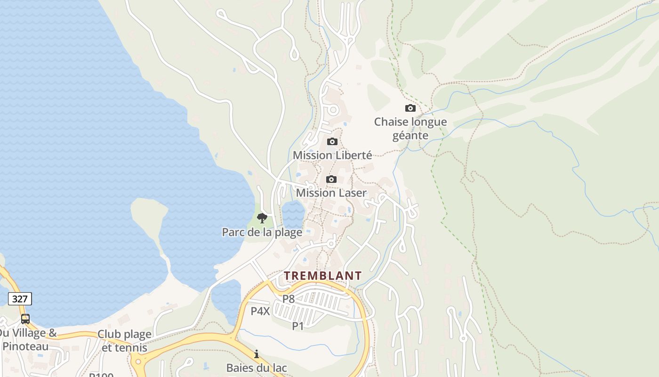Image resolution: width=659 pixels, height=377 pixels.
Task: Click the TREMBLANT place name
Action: (x=323, y=276)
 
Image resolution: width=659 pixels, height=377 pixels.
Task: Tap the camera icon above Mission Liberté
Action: (x=332, y=141)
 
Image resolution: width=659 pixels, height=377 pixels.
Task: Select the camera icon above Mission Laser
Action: (x=331, y=179)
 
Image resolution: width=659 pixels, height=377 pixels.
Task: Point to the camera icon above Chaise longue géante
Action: (x=410, y=108)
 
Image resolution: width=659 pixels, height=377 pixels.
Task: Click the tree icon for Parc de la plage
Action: (x=262, y=218)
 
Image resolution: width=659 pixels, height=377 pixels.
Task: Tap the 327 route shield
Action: (x=20, y=298)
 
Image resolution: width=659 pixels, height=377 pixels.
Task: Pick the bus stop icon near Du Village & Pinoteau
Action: (x=25, y=319)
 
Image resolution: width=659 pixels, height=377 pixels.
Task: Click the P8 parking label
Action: (x=289, y=299)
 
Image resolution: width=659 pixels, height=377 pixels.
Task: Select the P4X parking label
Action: (x=260, y=311)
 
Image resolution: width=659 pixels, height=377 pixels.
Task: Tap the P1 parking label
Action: (x=298, y=326)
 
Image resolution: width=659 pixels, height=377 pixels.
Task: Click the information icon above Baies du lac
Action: (x=257, y=353)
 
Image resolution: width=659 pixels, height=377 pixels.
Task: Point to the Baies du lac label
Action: (x=257, y=368)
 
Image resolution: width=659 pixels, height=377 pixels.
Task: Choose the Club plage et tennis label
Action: (x=125, y=341)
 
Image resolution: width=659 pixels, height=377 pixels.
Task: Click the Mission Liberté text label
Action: (x=332, y=155)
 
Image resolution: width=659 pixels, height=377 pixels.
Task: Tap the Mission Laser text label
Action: (x=331, y=193)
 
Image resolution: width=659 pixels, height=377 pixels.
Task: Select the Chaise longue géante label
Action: (x=410, y=129)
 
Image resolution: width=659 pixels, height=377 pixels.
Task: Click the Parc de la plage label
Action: (x=262, y=232)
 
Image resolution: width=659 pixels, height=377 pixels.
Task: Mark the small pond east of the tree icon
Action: (x=293, y=214)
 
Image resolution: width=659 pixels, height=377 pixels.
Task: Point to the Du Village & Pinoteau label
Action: (x=27, y=340)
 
